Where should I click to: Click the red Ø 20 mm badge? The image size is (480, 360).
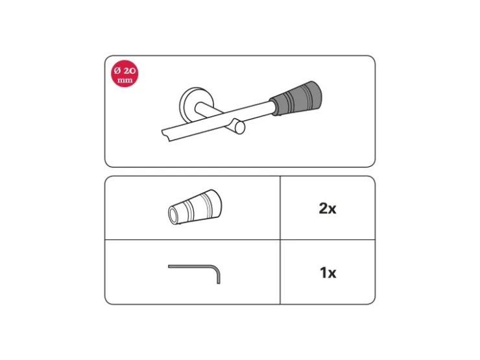[x=125, y=73]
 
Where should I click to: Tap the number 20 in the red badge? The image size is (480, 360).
[x=129, y=71]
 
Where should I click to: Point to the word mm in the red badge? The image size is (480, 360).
[x=125, y=80]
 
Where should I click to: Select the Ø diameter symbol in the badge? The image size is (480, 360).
[x=117, y=71]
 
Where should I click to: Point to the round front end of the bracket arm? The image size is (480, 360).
[x=240, y=128]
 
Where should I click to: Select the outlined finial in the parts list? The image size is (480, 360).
[x=195, y=207]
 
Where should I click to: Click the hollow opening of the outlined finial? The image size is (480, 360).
[x=174, y=215]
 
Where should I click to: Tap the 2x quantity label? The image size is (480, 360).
[x=328, y=208]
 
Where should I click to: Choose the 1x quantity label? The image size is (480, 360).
[x=328, y=272]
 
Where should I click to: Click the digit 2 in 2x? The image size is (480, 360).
[x=323, y=208]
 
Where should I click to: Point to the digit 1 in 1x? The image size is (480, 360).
[x=323, y=272]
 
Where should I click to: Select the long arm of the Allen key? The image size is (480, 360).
[x=191, y=267]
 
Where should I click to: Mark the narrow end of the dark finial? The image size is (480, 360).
[x=273, y=106]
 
